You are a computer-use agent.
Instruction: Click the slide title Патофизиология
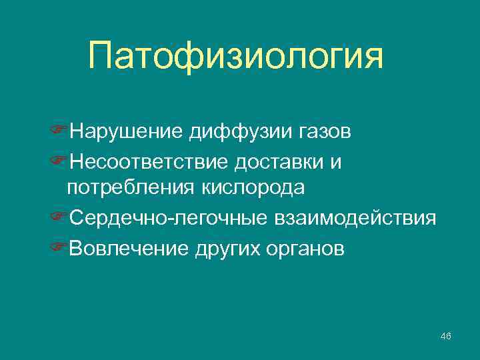click(235, 57)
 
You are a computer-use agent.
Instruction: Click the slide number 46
click(446, 335)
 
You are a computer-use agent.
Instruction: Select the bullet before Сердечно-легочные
click(59, 218)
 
